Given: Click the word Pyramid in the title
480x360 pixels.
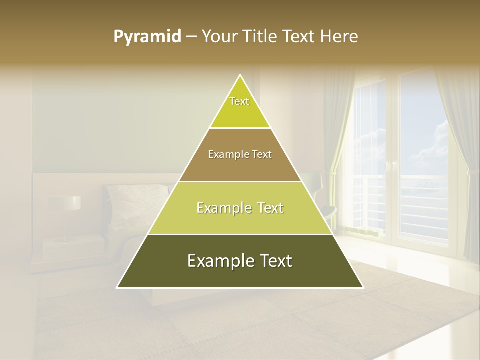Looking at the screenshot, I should click(x=147, y=37).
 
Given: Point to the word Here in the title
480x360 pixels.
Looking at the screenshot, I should click(x=340, y=37).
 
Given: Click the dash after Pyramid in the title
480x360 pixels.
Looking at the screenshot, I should click(x=191, y=37).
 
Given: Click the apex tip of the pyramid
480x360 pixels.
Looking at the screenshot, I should click(x=240, y=76).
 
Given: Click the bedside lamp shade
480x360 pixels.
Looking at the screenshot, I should click(x=65, y=202).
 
